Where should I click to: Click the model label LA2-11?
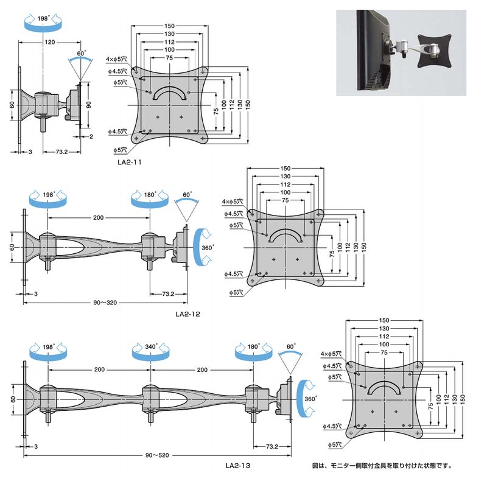point(130,162)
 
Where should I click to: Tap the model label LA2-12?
point(188,314)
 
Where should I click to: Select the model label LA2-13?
point(238,466)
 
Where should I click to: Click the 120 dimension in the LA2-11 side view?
point(50,42)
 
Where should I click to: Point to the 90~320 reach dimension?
point(105,303)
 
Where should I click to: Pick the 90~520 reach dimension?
point(157,455)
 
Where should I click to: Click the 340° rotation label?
point(151,346)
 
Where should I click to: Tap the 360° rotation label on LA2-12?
point(208,248)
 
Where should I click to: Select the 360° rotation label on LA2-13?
point(310,399)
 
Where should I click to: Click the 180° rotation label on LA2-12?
point(150,194)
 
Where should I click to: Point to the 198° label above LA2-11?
point(43,18)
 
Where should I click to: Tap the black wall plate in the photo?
point(433,51)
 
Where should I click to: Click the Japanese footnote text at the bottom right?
point(382,466)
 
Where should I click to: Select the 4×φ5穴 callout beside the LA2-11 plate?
point(116,58)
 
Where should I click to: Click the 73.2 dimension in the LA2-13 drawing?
point(272,446)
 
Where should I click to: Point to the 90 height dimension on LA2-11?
point(89,105)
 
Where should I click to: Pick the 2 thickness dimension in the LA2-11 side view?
point(91,136)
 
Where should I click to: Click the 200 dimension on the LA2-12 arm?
point(99,218)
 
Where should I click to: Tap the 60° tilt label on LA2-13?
point(291,346)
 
